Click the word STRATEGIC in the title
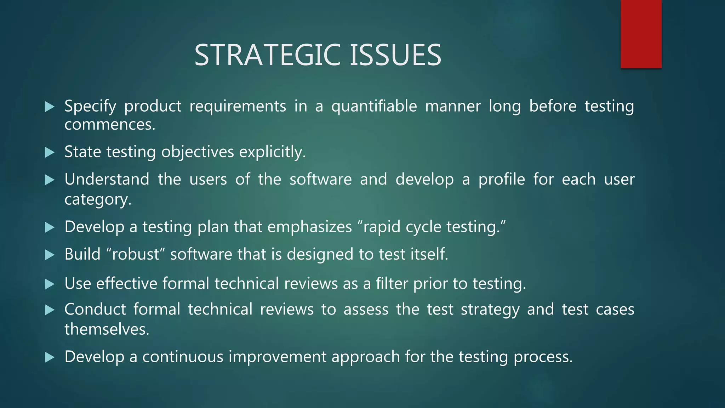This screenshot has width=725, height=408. pyautogui.click(x=269, y=55)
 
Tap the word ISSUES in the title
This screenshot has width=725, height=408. pyautogui.click(x=395, y=55)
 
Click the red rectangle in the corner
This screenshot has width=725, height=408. pyautogui.click(x=641, y=34)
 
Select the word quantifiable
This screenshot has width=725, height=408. pyautogui.click(x=374, y=106)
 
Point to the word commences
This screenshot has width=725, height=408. pyautogui.click(x=110, y=125)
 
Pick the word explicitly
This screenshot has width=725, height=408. pyautogui.click(x=272, y=152)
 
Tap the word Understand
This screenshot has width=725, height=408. pyautogui.click(x=107, y=179)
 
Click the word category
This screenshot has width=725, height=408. pyautogui.click(x=98, y=199)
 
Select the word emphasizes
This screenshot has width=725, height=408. pyautogui.click(x=309, y=227)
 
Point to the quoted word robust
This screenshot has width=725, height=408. pyautogui.click(x=136, y=254)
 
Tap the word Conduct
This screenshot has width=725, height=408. pyautogui.click(x=95, y=309)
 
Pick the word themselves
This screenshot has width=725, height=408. pyautogui.click(x=107, y=329)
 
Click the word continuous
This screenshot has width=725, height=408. pyautogui.click(x=183, y=357)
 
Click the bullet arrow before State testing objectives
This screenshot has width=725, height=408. pyautogui.click(x=50, y=153)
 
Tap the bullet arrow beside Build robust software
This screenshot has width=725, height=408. pyautogui.click(x=50, y=255)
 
